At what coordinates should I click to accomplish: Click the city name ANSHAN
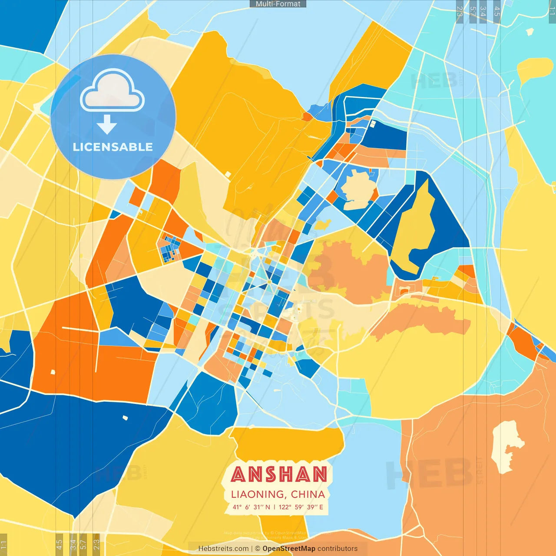coord(279,474)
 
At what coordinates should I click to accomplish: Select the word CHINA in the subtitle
coord(308,494)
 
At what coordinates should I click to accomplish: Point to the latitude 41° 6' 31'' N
coord(251,507)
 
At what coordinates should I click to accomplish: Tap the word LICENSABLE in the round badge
coord(113,147)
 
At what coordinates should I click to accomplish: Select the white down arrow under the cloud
coord(107,125)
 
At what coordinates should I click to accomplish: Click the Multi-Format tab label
coord(278,4)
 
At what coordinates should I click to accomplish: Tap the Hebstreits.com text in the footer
coord(223,549)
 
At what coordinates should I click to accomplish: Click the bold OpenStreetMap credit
coord(289,549)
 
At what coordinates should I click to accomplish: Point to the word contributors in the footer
coord(338,549)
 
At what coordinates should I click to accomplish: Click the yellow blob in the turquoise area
coord(535,69)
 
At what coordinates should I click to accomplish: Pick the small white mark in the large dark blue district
coord(125,418)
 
